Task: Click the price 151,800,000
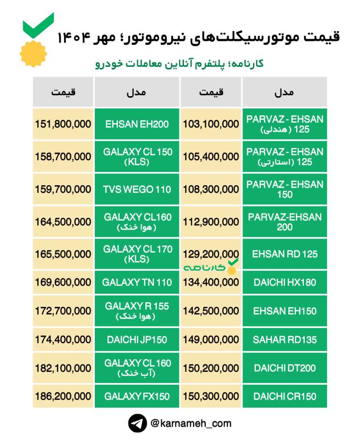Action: click(63, 124)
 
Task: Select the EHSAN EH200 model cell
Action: click(137, 124)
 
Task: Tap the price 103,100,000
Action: click(211, 124)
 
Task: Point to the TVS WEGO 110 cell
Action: click(137, 190)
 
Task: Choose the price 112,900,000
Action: click(211, 222)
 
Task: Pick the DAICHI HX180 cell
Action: click(285, 283)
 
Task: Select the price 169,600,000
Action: click(63, 283)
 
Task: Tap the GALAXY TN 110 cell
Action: click(137, 283)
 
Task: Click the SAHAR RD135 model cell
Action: click(285, 339)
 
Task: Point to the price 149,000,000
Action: click(211, 339)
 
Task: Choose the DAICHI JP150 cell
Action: click(137, 339)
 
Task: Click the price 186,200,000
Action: click(63, 396)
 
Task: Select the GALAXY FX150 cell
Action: click(137, 396)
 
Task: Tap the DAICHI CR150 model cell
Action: click(285, 396)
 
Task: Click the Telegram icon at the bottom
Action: click(137, 423)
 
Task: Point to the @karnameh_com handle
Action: click(191, 423)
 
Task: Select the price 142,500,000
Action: click(211, 311)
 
